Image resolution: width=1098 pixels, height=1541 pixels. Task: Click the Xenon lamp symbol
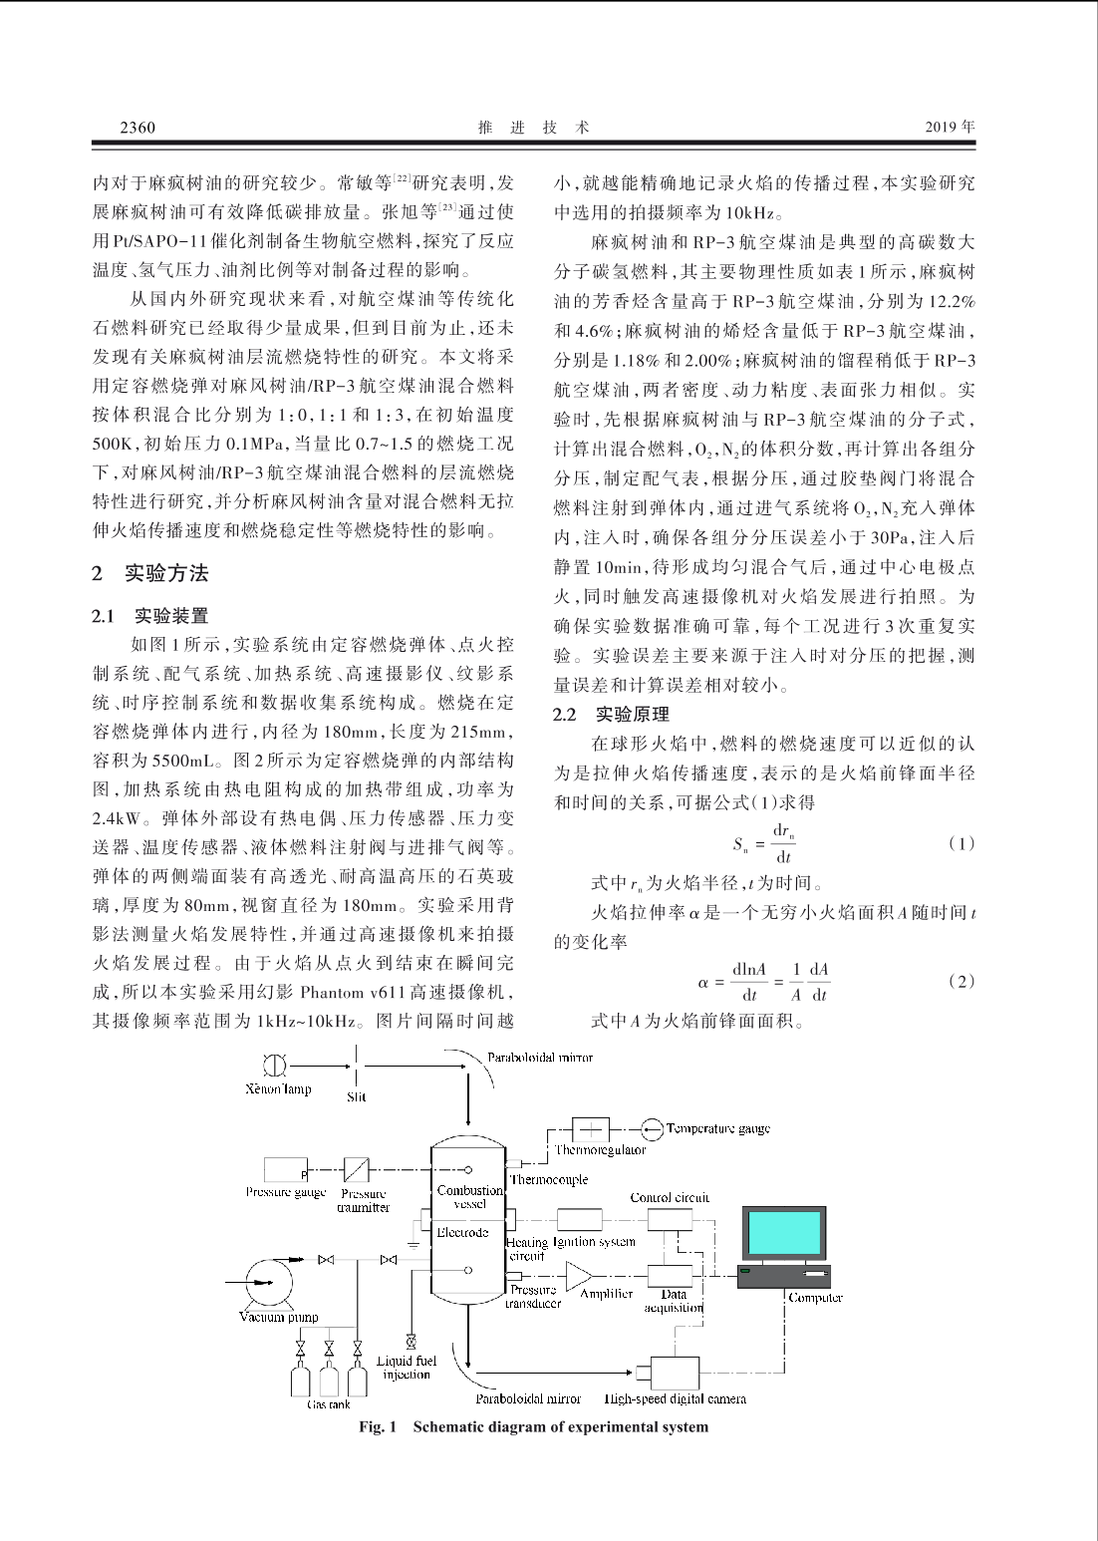tap(274, 1066)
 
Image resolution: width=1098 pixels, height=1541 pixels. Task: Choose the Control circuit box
tap(670, 1219)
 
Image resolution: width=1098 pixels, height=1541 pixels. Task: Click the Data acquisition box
tap(670, 1276)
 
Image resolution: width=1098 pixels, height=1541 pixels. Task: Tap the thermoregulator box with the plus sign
tap(590, 1129)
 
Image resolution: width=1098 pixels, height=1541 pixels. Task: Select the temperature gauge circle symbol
tap(652, 1129)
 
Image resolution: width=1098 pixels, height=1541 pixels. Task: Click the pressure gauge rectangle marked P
tap(287, 1170)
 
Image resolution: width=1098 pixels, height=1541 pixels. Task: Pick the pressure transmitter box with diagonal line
tap(356, 1170)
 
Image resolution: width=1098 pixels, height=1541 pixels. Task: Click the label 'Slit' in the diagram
tap(356, 1097)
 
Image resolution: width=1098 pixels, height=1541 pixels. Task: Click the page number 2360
tap(137, 128)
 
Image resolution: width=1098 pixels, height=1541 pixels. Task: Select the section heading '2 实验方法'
tap(150, 573)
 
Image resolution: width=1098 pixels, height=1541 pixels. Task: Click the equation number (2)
tap(961, 982)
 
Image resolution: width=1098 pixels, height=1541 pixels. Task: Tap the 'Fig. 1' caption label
tap(378, 1427)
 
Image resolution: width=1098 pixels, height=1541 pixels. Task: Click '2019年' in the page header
tap(950, 128)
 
